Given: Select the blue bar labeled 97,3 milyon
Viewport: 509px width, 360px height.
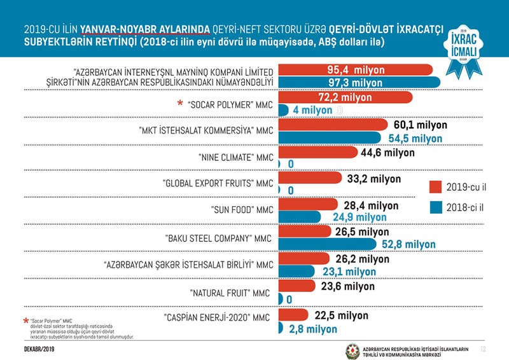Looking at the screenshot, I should coord(359,83).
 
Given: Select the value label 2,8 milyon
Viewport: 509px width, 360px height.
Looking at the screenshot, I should coord(313,329).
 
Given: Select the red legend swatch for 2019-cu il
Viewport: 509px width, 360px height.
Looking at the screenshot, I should coord(436,186).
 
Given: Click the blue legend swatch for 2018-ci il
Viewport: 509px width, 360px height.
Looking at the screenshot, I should coord(436,207).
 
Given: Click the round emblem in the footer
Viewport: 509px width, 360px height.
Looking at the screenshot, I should coord(352,350).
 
